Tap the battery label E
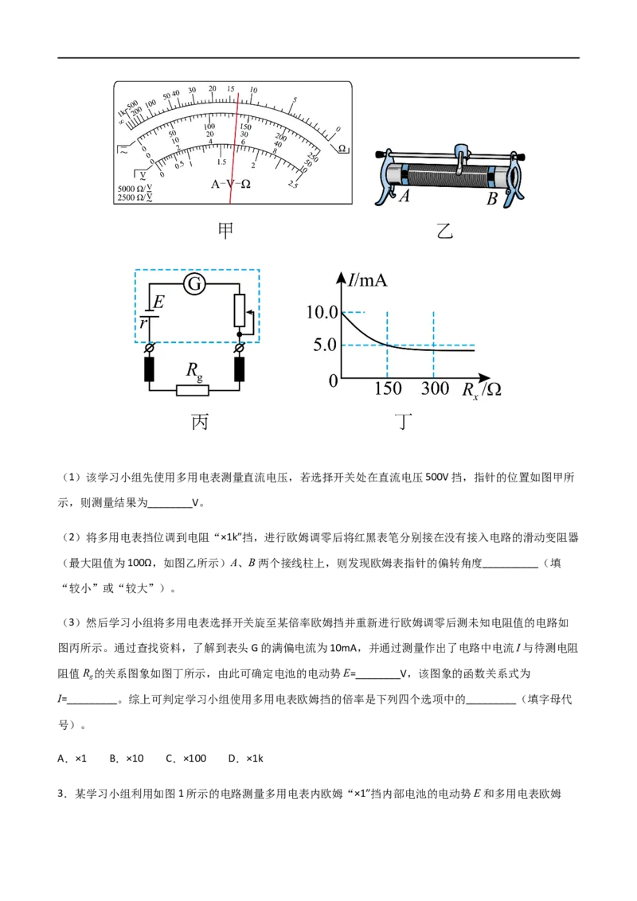[158, 302]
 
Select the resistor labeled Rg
[193, 390]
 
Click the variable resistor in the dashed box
[239, 310]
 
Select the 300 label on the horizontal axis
[434, 389]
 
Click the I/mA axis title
[367, 279]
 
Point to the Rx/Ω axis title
[481, 390]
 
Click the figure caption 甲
[226, 231]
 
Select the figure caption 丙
[200, 422]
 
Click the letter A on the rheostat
[404, 197]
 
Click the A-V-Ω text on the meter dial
[230, 183]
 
